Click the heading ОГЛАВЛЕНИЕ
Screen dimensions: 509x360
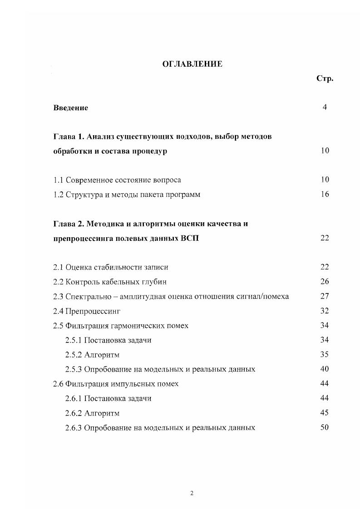click(x=192, y=64)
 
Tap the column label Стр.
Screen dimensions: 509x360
click(x=325, y=78)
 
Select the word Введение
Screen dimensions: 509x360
click(x=70, y=108)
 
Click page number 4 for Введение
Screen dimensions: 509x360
click(x=325, y=108)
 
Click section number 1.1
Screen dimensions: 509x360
click(x=58, y=180)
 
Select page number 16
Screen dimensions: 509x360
click(x=325, y=195)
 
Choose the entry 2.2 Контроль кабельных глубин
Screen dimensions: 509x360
click(x=110, y=282)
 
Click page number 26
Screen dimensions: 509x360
click(x=325, y=282)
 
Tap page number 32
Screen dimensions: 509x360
click(x=325, y=311)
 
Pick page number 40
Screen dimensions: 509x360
click(x=325, y=369)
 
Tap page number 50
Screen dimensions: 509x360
click(x=325, y=427)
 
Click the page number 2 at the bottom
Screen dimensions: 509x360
click(x=192, y=494)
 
